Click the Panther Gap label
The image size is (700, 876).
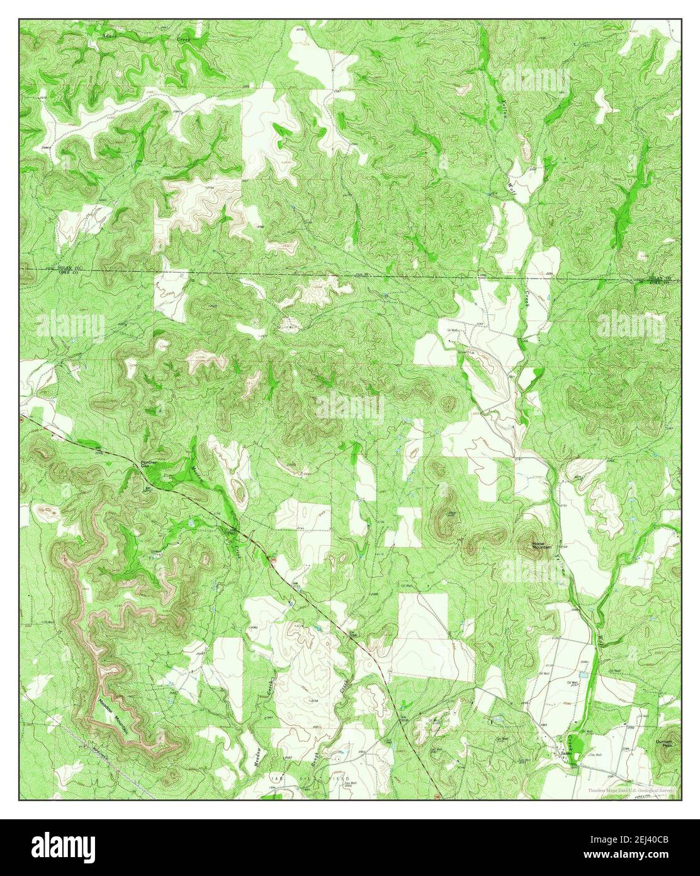pos(149,464)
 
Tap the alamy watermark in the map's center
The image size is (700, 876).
pos(349,408)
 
